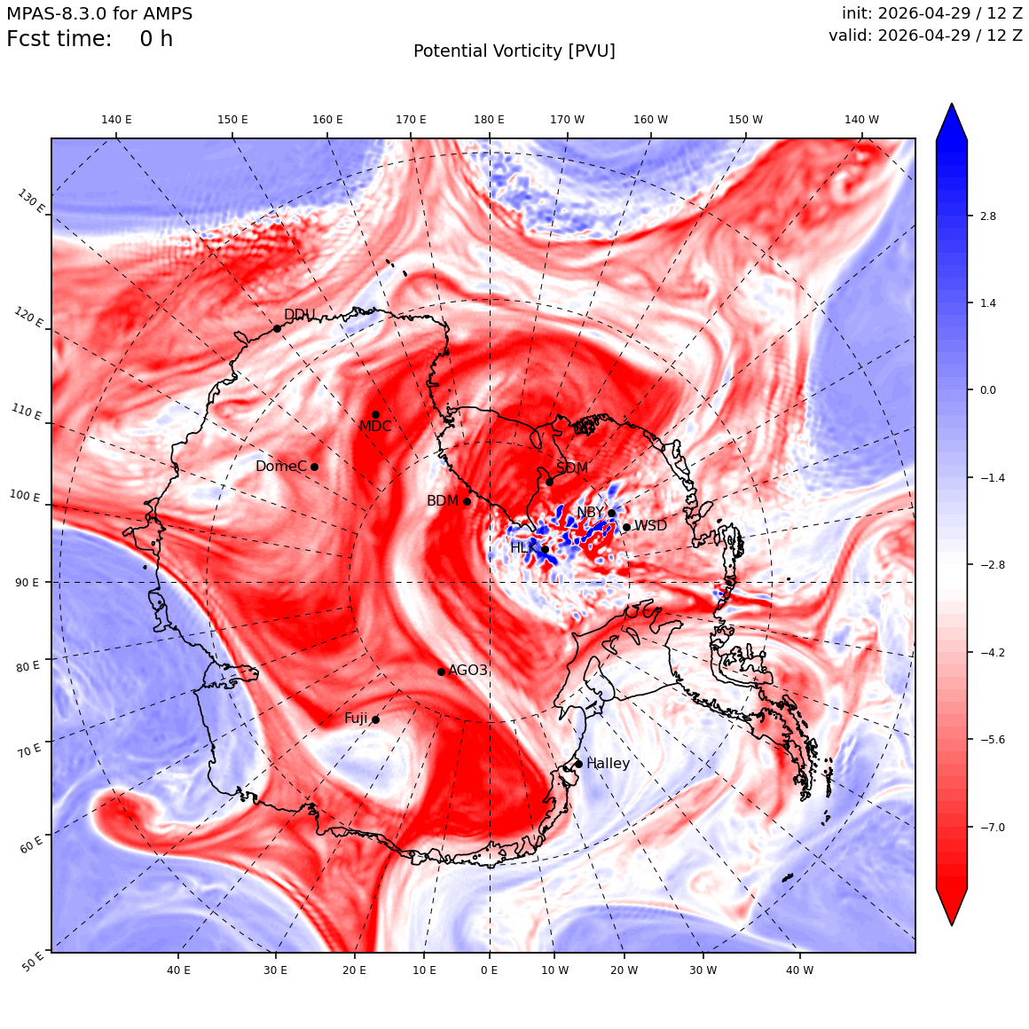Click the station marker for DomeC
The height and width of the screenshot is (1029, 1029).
coord(314,467)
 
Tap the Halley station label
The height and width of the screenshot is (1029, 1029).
coord(609,763)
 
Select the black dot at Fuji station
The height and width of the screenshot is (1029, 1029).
coord(375,720)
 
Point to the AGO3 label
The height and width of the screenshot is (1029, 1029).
coord(467,670)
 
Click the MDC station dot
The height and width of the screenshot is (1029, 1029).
coord(375,415)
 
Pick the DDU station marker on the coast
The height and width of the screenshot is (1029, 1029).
coord(277,329)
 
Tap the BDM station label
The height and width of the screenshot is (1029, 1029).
coord(443,500)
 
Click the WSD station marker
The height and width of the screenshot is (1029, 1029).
coord(627,527)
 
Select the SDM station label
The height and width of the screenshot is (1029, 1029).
coord(572,467)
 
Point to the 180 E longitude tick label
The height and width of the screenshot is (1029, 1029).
coord(489,120)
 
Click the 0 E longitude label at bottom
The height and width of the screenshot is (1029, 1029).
coord(489,970)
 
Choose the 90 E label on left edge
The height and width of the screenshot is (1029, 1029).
coord(27,582)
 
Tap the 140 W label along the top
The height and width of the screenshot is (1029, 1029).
coord(861,120)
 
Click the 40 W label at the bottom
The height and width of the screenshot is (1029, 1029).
coord(800,970)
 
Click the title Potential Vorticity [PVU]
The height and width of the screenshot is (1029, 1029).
coord(514,51)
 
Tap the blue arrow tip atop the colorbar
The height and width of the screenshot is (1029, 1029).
coord(952,104)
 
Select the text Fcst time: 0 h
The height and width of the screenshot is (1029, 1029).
coord(90,39)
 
